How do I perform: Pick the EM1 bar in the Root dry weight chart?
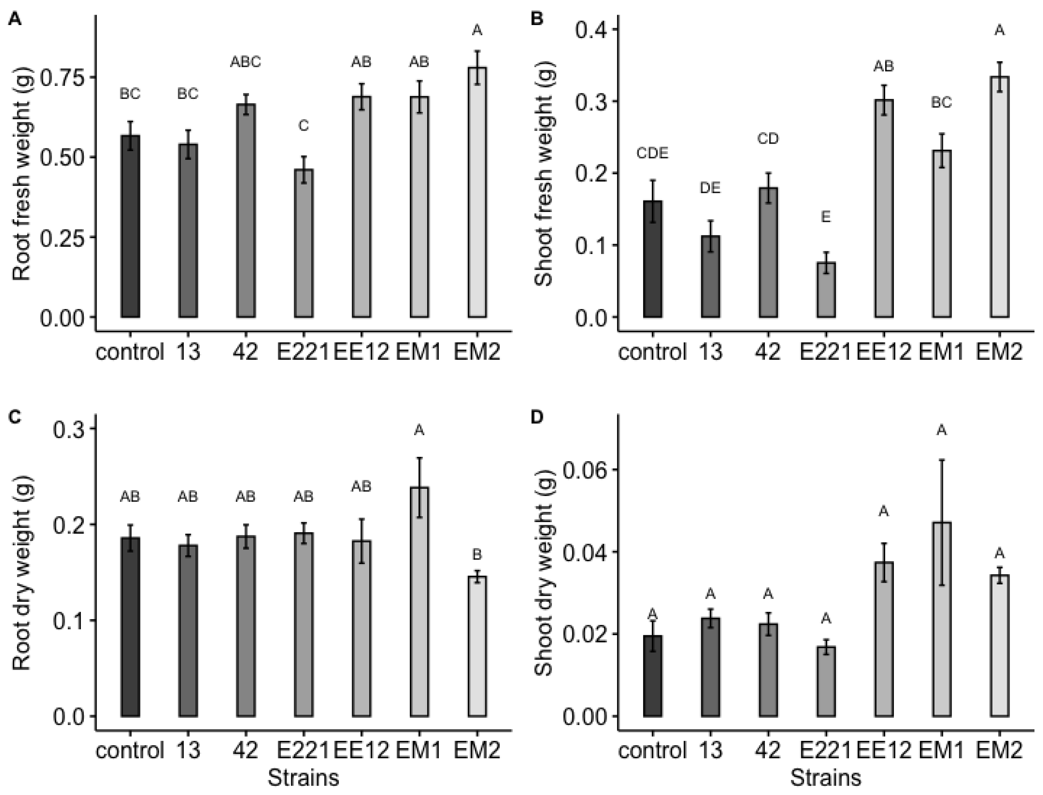pyautogui.click(x=419, y=601)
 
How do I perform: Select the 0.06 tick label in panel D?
pyautogui.click(x=579, y=470)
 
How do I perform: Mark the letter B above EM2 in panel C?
pyautogui.click(x=477, y=554)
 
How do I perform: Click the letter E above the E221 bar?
pyautogui.click(x=826, y=217)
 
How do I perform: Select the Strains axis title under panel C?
pyautogui.click(x=304, y=778)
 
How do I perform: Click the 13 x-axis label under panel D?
pyautogui.click(x=711, y=751)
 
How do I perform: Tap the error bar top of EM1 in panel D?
pyautogui.click(x=942, y=460)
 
